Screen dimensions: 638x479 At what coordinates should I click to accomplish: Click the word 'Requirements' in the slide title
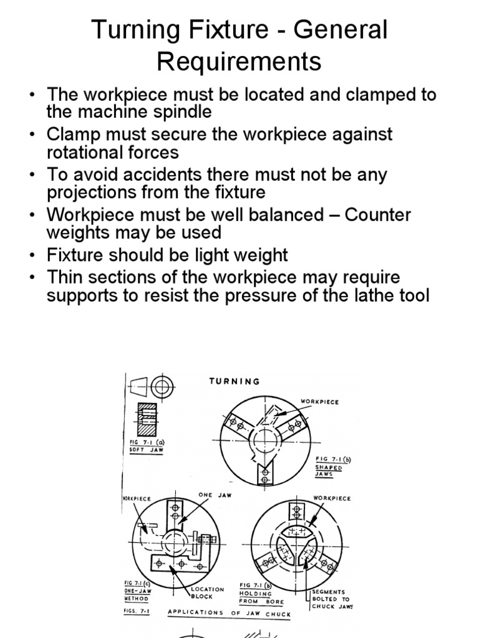coord(239,61)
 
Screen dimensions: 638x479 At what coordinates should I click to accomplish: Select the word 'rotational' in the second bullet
coord(87,152)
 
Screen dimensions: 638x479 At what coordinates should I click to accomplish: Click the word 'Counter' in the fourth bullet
coord(378,215)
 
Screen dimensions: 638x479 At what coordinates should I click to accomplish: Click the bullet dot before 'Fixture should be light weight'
coord(32,255)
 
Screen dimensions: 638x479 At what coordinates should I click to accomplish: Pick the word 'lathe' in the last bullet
coord(362,295)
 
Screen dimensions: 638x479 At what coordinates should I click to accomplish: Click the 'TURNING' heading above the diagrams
coord(235,381)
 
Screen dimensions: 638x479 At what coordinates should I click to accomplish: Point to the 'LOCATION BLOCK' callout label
coord(208,593)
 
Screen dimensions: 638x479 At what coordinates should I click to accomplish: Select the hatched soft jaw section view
coord(147,419)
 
